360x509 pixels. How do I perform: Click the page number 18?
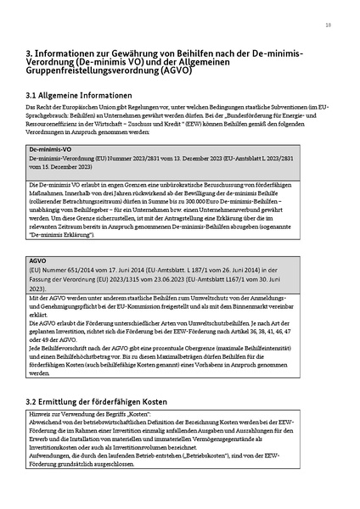pyautogui.click(x=328, y=25)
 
